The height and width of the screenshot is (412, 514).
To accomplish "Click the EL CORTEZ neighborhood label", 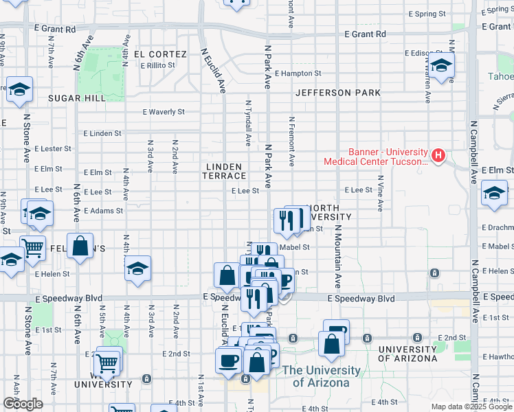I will (x=160, y=54).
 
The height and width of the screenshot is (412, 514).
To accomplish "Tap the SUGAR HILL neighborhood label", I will (x=77, y=98).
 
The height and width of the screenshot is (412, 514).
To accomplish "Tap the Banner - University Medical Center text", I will (x=377, y=157).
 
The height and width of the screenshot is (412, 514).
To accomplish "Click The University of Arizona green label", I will (x=322, y=376).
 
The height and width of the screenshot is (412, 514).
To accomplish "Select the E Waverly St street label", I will (x=164, y=111).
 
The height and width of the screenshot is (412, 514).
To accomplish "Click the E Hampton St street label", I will (x=298, y=73).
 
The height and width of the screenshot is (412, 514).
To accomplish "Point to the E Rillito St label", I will (x=157, y=66).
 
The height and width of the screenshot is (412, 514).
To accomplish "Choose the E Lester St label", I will (x=53, y=148).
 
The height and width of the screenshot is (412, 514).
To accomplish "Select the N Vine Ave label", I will (x=379, y=192).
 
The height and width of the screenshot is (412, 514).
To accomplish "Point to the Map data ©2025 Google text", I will (x=471, y=407).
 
